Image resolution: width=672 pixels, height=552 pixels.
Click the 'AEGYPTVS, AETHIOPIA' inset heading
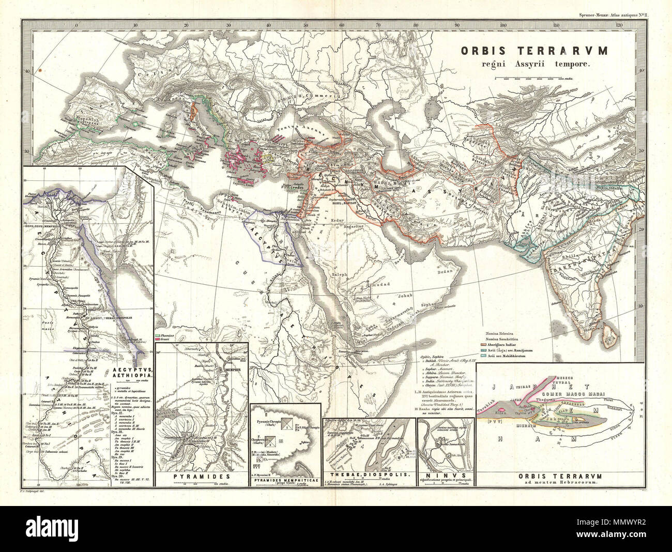click(x=131, y=374)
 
